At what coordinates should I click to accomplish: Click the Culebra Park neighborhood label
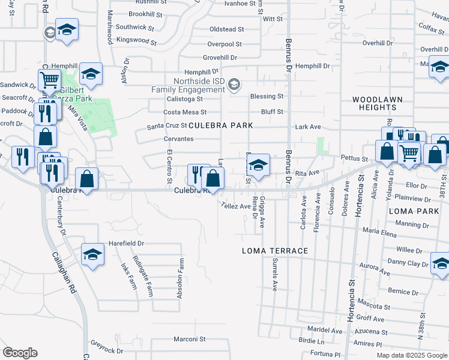point(220,125)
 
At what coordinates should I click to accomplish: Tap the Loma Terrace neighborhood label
point(275,251)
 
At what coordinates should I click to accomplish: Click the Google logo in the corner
point(20,353)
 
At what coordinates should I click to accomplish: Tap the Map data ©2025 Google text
point(412,355)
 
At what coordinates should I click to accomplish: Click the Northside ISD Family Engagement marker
point(235,85)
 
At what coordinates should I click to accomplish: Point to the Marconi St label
point(190,339)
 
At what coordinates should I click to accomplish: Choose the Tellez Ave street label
point(235,206)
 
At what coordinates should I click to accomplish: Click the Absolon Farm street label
point(179,278)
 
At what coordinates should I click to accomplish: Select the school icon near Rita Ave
point(258,166)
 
